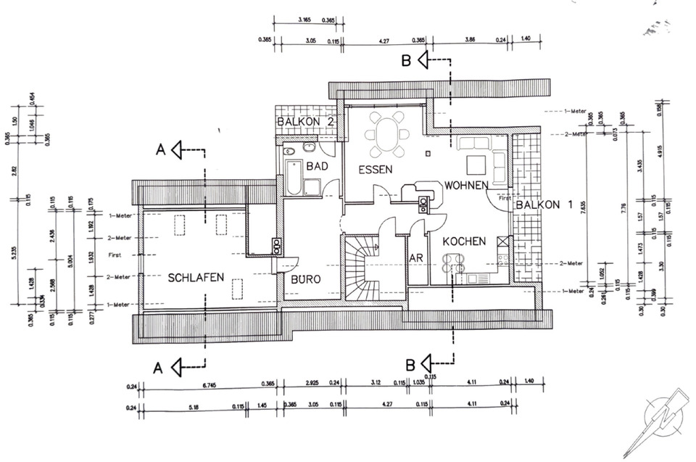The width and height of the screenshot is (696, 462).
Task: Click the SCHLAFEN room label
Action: point(196,277)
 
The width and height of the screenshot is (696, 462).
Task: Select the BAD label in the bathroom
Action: point(318,167)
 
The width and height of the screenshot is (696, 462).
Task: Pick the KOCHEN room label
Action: point(464,241)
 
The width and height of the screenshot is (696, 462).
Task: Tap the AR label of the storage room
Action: point(416,258)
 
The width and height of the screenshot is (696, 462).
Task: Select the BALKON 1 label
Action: point(544,205)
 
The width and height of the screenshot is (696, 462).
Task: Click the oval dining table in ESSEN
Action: point(386,134)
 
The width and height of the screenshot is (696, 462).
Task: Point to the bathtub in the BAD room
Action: point(294,178)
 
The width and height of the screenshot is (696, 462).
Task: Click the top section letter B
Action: point(407,61)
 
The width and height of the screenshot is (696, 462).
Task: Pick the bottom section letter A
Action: point(157,368)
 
